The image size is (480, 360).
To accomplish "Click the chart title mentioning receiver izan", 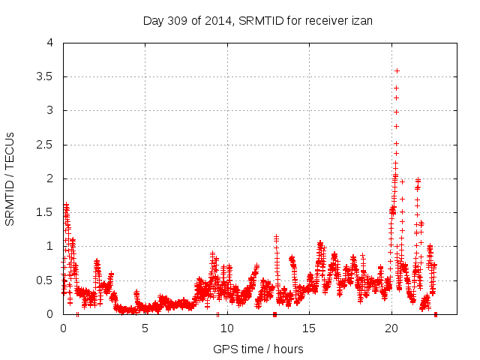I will point(258,20).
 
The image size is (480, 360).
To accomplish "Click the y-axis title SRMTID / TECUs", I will point(10,178).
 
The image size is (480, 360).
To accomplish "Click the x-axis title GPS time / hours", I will point(258,349).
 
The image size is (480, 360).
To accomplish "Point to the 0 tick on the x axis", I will point(63,328).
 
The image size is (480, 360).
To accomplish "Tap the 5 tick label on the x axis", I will point(145,328).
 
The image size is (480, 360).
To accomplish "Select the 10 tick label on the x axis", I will point(226,328).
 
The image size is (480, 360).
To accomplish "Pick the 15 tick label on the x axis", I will point(308,328).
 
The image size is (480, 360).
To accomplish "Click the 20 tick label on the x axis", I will point(390,328).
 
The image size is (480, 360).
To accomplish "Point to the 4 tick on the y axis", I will point(49,43).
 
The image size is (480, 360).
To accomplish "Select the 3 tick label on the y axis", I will point(49,111).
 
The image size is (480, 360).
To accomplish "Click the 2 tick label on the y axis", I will point(49,178).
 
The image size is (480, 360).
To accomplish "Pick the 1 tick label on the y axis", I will point(49,246).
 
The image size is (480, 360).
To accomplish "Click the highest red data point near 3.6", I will point(397,70).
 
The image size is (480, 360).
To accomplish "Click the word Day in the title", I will point(153,20).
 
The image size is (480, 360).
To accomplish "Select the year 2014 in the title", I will point(214,20).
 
